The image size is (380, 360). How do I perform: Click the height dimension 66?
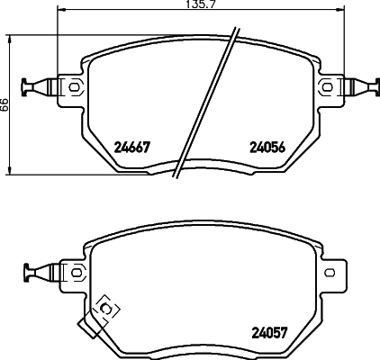click(x=5, y=103)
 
